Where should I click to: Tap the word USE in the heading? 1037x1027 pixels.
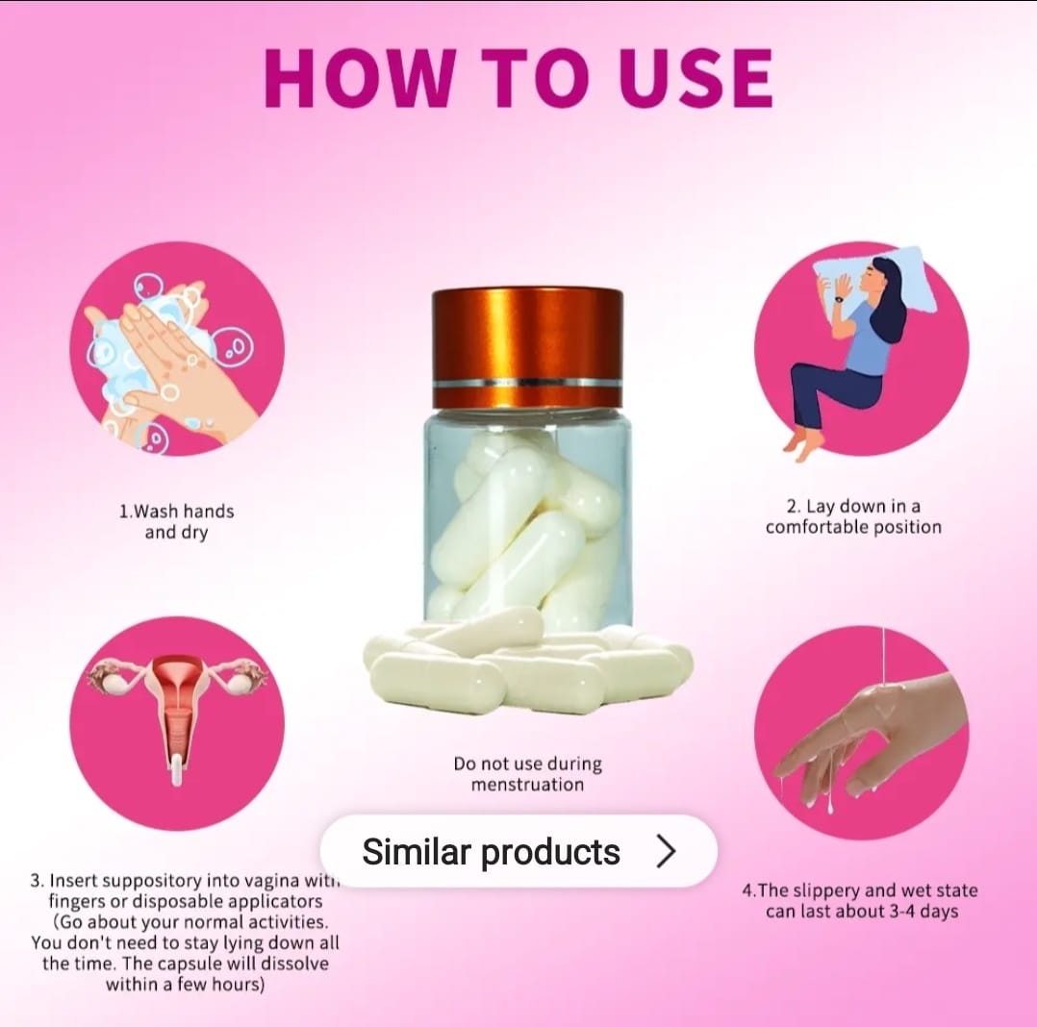click(697, 77)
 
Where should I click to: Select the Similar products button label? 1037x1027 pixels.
click(491, 851)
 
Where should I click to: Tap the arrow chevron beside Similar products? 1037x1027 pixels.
click(667, 851)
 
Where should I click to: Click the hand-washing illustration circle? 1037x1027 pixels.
click(177, 348)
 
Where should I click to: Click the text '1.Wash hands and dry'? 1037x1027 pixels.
click(177, 522)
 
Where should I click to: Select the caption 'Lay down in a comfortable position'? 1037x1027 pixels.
click(853, 516)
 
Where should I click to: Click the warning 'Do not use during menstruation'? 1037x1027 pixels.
click(528, 774)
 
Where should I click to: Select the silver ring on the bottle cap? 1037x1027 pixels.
click(527, 382)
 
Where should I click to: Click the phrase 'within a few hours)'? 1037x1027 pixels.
click(185, 984)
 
